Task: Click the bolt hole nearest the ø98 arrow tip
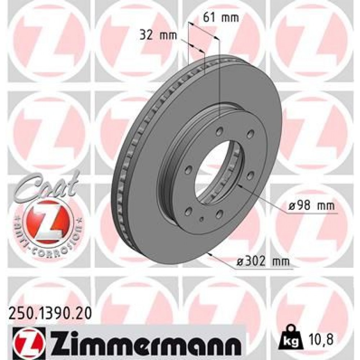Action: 251,175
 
